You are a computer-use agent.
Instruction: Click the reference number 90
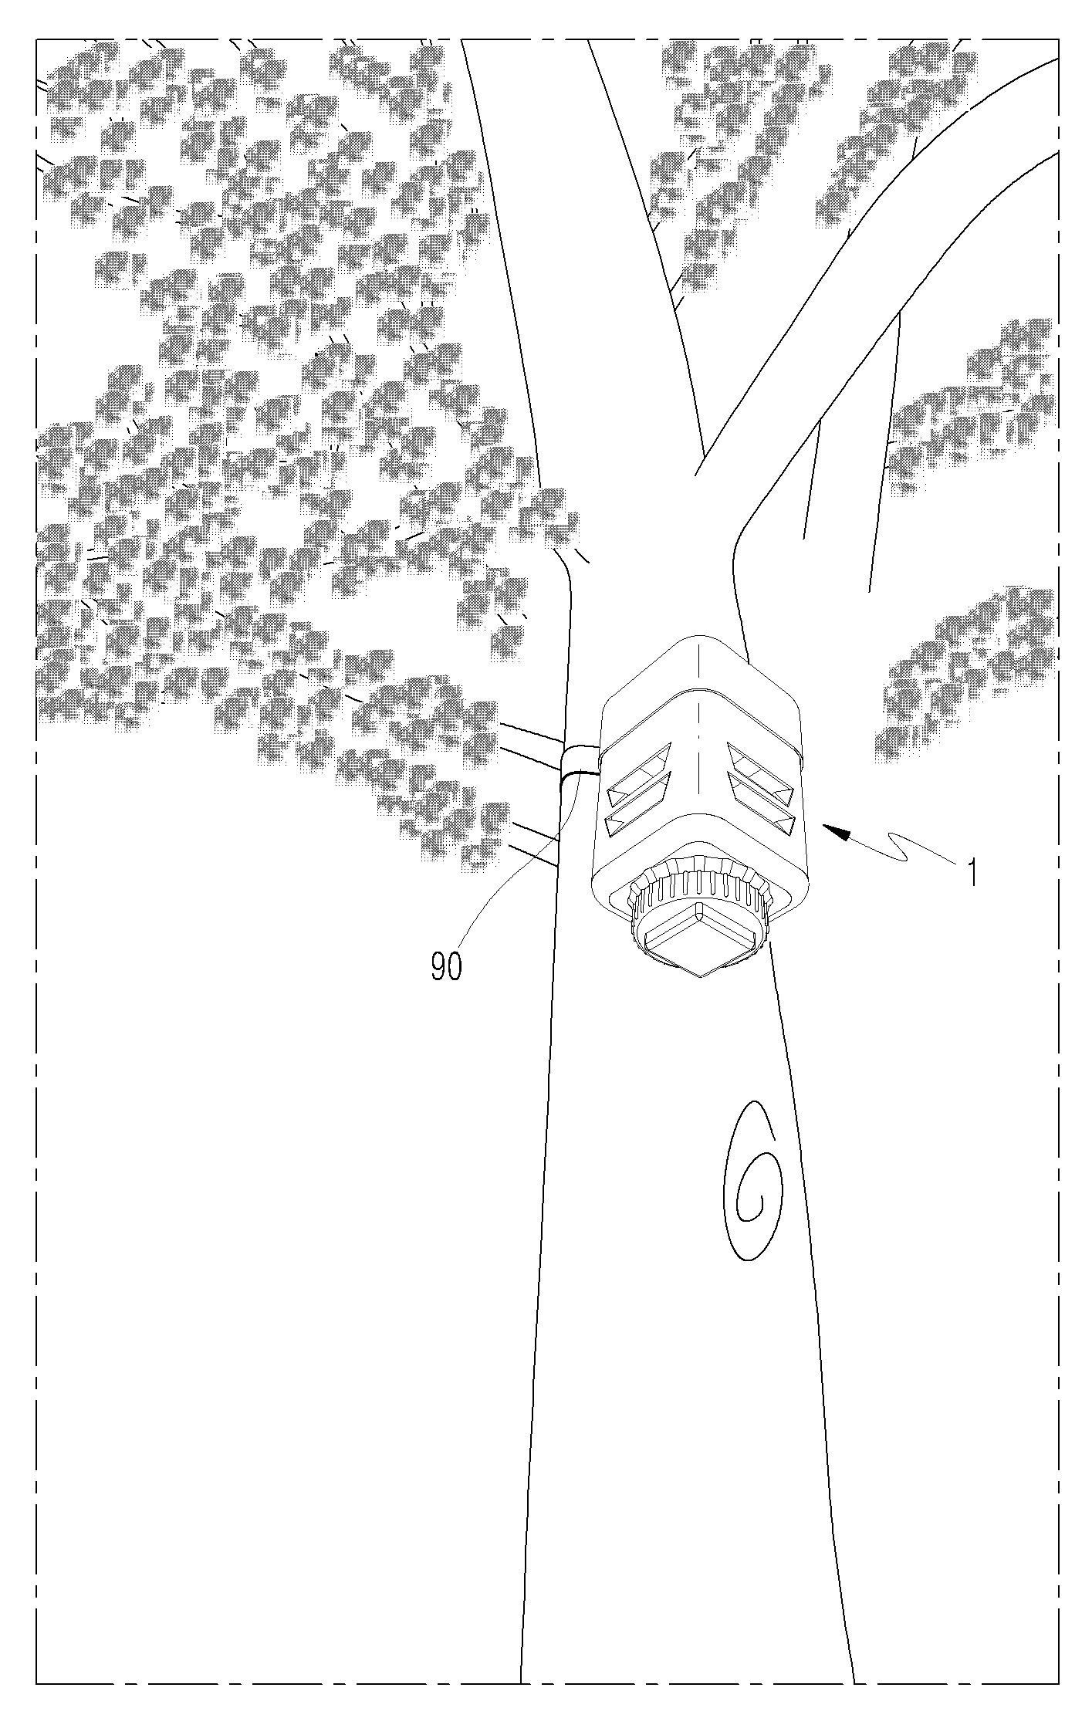point(446,967)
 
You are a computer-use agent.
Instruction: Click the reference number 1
point(974,873)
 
